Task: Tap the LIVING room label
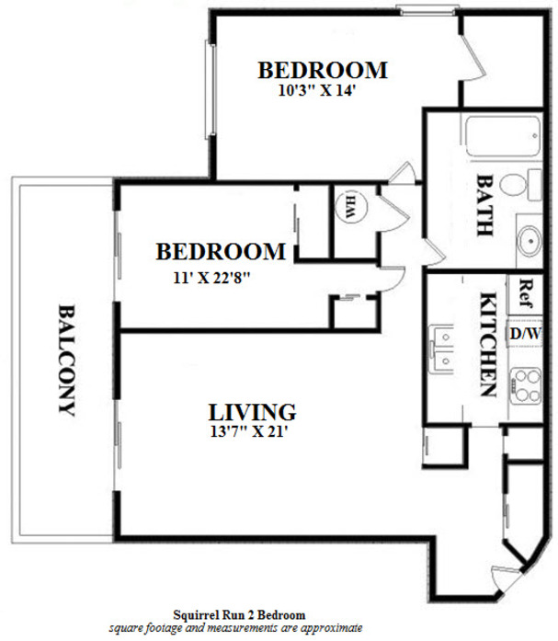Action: [x=251, y=411]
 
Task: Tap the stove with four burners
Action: [x=525, y=385]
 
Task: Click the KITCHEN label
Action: [x=487, y=344]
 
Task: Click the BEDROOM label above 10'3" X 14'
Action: [x=322, y=70]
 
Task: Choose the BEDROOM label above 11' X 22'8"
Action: [x=220, y=251]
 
